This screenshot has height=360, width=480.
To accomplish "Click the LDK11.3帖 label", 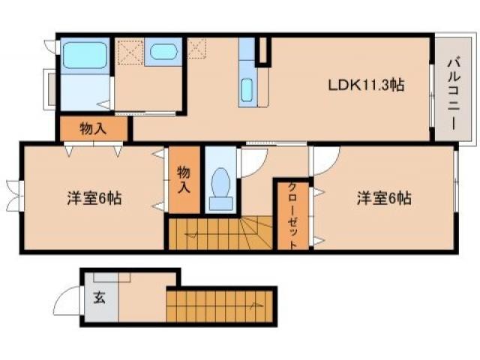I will click(x=366, y=85).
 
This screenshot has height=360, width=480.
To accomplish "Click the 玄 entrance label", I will click(x=98, y=296).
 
